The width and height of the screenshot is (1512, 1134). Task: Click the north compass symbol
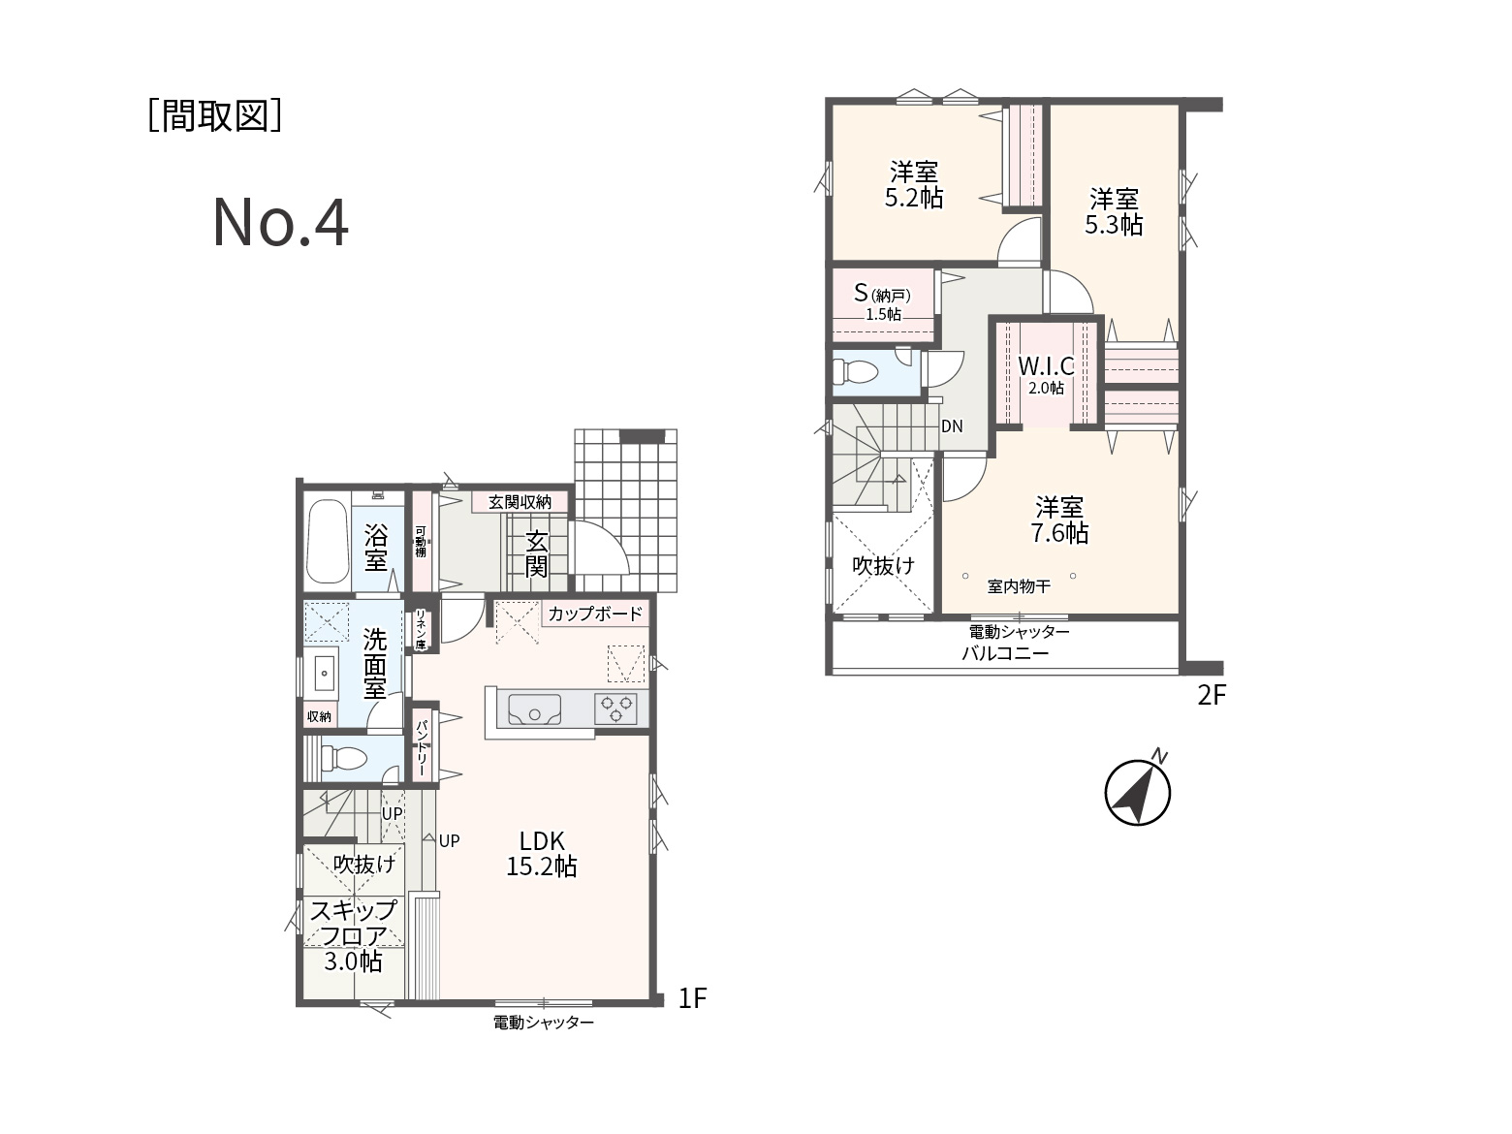pos(1137,791)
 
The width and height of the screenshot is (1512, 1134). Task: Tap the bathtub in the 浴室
pos(328,541)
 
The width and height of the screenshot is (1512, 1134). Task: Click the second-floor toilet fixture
pos(855,372)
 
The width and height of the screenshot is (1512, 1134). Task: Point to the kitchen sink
pos(535,709)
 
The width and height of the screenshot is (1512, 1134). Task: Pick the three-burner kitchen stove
pos(615,709)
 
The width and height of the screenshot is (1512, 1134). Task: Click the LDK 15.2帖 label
pos(542,853)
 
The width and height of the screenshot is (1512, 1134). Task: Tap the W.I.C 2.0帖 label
pos(1047,374)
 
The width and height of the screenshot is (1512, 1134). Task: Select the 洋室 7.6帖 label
pos(1059,520)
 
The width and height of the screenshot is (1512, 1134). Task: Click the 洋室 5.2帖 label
pos(914,184)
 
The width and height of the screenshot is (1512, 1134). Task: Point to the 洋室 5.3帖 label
pos(1114,212)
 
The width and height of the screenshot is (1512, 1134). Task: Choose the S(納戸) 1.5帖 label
pos(883,301)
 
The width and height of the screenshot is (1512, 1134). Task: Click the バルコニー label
pos(1005,652)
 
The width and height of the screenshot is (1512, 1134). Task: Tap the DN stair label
pos(952,426)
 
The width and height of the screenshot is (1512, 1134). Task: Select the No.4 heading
pos(280,222)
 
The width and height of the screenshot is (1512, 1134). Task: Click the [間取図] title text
pos(215,115)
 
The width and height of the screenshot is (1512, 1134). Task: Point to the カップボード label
pos(595,614)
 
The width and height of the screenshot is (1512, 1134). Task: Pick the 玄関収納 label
pos(520,502)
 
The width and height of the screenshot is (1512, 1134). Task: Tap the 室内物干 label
pos(1019,586)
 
